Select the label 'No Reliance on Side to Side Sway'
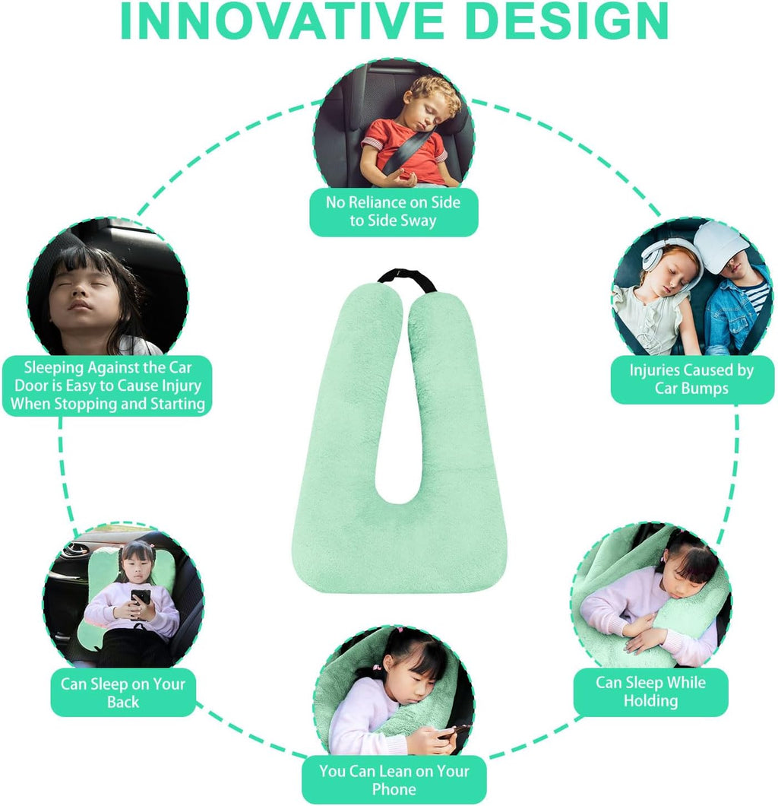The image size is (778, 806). pos(394,211)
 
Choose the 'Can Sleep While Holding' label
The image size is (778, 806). pos(650,691)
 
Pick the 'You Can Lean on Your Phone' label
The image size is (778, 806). pos(394,780)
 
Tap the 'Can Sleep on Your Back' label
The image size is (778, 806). pos(123,692)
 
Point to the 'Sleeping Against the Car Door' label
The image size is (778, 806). pos(108,386)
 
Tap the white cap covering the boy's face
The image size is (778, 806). pos(720,243)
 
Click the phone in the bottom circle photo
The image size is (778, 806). pos(454,731)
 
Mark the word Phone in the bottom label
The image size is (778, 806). pos(394,789)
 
